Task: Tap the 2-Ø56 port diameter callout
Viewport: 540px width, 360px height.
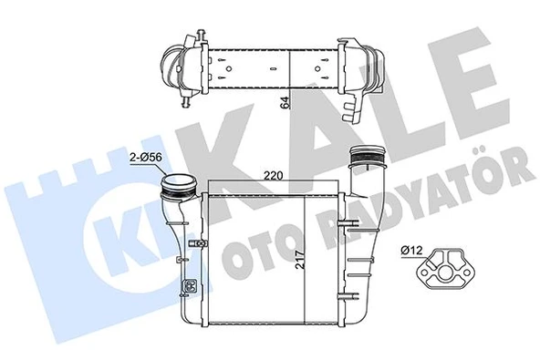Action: (148, 158)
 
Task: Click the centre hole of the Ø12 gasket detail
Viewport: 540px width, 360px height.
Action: (441, 269)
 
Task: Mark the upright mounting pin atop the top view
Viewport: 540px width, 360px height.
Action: (194, 36)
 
